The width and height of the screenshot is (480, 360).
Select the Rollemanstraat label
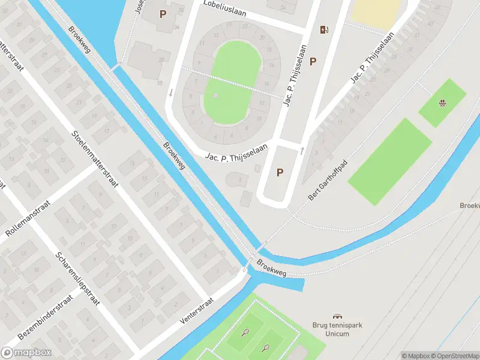(x=28, y=222)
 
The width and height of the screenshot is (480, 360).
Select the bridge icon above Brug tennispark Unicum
(x=337, y=316)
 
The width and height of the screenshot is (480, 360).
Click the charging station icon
(x=324, y=29)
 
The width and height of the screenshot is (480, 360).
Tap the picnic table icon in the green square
(x=443, y=103)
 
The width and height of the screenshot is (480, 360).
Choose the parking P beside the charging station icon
(x=313, y=61)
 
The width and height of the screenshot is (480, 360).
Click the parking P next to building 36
(x=163, y=13)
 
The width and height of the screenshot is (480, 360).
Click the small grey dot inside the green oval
(x=216, y=95)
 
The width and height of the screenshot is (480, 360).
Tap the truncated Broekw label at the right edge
(x=469, y=205)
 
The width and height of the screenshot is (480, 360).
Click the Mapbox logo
(x=26, y=352)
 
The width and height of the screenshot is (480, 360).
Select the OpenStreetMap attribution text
(x=454, y=355)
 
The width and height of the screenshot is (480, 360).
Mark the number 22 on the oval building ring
(x=245, y=27)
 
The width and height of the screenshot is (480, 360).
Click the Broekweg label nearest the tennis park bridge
(x=272, y=268)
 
